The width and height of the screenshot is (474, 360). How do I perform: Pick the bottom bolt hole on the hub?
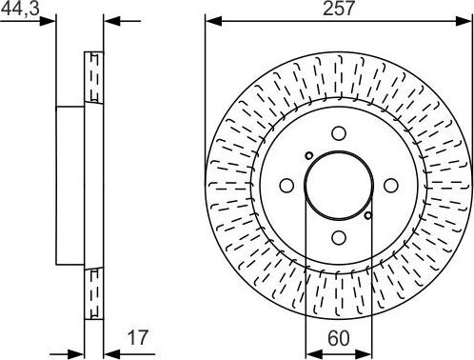pos(338,238)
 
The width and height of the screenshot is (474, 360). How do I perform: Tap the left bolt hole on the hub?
pos(286,187)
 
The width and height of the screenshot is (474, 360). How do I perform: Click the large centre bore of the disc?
pos(338,187)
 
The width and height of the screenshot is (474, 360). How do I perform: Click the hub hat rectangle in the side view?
pos(69,187)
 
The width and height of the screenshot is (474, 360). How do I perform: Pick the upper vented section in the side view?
pos(93,76)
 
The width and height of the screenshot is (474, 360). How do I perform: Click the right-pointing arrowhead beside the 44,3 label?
pos(49,21)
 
